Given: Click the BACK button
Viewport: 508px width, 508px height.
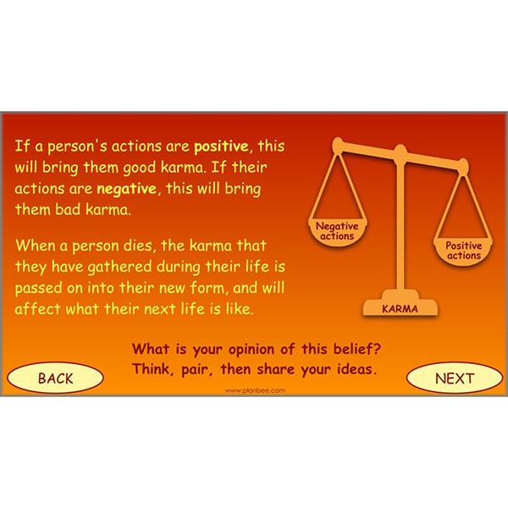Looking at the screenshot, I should pyautogui.click(x=56, y=378).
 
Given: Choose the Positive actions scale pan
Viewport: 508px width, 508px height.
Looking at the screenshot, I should pyautogui.click(x=463, y=250).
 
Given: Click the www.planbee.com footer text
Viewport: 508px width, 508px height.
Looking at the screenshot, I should pyautogui.click(x=254, y=390).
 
